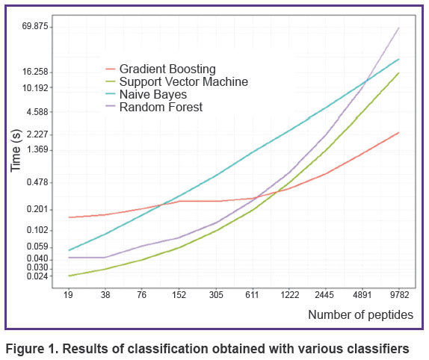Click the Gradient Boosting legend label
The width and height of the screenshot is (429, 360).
(x=167, y=69)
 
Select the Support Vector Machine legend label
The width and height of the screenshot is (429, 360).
(x=184, y=81)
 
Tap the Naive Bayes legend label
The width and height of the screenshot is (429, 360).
(x=153, y=95)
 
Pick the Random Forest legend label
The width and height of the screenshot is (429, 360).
(x=161, y=107)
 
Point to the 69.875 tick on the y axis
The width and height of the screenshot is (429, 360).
(x=35, y=27)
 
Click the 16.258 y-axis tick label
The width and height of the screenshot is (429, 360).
(x=35, y=72)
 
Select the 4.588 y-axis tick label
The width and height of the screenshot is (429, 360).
(x=37, y=112)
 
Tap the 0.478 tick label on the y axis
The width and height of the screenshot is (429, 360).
(x=37, y=182)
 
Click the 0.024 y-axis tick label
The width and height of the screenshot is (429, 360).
(x=37, y=276)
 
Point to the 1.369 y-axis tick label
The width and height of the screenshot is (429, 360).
(x=37, y=149)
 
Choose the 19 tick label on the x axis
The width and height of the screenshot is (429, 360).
(x=69, y=295)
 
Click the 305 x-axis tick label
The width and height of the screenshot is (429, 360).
(x=216, y=295)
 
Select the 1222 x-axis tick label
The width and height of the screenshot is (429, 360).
(x=290, y=295)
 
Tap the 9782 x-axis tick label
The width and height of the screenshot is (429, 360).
(x=400, y=295)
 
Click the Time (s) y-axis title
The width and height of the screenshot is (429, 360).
(x=16, y=151)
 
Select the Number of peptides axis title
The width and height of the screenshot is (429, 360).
(x=360, y=315)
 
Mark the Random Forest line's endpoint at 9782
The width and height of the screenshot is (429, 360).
(x=398, y=28)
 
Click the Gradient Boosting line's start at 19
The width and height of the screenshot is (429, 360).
(x=69, y=217)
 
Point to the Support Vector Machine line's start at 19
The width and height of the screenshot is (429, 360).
(x=69, y=276)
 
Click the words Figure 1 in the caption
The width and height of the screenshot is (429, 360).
(x=31, y=349)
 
